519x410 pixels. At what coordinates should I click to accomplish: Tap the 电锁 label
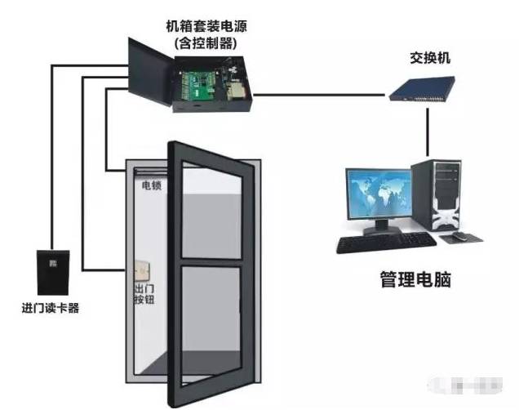pyautogui.click(x=150, y=186)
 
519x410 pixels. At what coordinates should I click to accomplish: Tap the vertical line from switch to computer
pyautogui.click(x=428, y=131)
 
